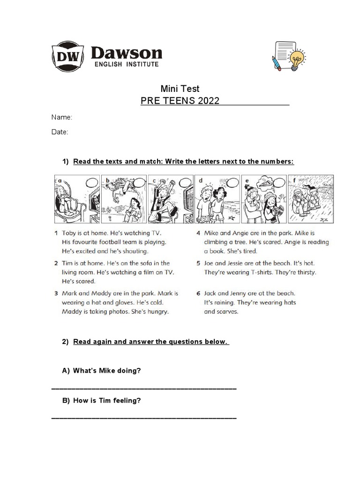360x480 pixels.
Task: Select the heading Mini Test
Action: [x=180, y=88]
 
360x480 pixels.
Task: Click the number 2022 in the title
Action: [x=208, y=101]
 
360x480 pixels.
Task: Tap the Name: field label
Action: [x=61, y=117]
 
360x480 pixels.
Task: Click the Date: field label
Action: [x=60, y=132]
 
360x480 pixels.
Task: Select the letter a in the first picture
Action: [x=60, y=180]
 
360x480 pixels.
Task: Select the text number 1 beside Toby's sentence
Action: [x=56, y=233]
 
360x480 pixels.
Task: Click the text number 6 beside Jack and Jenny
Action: [x=199, y=293]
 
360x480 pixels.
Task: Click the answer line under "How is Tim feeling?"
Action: [x=143, y=417]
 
